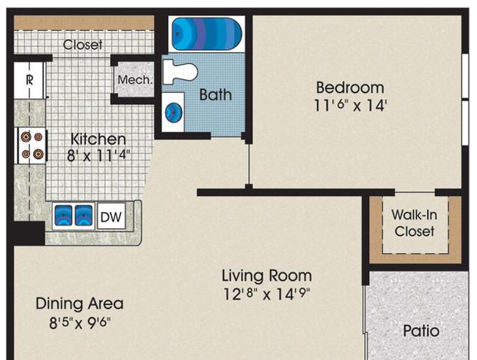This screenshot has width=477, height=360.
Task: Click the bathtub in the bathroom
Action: click(x=207, y=34)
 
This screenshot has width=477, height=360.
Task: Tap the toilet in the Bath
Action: click(x=180, y=72)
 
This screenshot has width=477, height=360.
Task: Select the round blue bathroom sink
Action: click(x=174, y=112)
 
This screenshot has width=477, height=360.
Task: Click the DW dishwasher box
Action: click(x=111, y=216)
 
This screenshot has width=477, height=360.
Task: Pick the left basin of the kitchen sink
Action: click(x=63, y=216)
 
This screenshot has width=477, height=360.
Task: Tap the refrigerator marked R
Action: click(x=29, y=80)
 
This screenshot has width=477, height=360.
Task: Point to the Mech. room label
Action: click(x=135, y=80)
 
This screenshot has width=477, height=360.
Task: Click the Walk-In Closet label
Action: click(x=415, y=223)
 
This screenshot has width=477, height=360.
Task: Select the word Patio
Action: click(x=421, y=331)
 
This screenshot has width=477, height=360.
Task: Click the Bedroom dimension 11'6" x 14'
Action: click(x=350, y=106)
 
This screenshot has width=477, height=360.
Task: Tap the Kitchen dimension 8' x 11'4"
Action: click(x=98, y=155)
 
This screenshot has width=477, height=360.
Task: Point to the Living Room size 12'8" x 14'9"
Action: click(x=266, y=293)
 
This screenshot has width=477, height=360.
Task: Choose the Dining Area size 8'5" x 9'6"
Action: click(x=80, y=323)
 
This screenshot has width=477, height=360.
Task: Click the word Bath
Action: click(x=215, y=95)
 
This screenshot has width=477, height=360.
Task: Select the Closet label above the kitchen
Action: click(x=82, y=45)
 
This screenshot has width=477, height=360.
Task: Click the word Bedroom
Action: click(x=350, y=87)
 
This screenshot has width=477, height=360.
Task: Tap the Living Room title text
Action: click(x=267, y=276)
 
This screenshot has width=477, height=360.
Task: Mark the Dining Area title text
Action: click(x=79, y=304)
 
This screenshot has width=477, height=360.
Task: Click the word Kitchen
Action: click(x=98, y=139)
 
